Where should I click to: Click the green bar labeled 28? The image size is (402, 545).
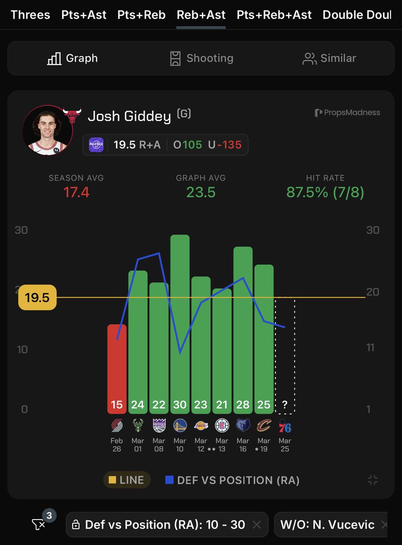(x=243, y=327)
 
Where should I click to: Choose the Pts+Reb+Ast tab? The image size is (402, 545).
(x=274, y=15)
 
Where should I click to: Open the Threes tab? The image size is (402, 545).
(x=30, y=15)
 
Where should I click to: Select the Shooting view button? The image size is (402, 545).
(x=201, y=58)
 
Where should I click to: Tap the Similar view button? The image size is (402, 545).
(x=329, y=58)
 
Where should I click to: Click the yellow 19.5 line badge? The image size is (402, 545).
(x=37, y=297)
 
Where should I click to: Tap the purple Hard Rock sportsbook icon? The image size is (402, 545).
(x=96, y=145)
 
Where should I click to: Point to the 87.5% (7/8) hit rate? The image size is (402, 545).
(x=325, y=192)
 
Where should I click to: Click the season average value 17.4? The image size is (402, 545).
(x=76, y=192)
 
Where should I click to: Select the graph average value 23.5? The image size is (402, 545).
(x=201, y=192)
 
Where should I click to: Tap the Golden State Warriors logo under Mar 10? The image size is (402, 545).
(x=180, y=426)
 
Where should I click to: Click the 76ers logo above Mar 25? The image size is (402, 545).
(x=285, y=426)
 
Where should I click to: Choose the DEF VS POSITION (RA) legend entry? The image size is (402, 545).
(x=232, y=480)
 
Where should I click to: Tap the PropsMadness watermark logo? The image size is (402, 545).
(x=348, y=112)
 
